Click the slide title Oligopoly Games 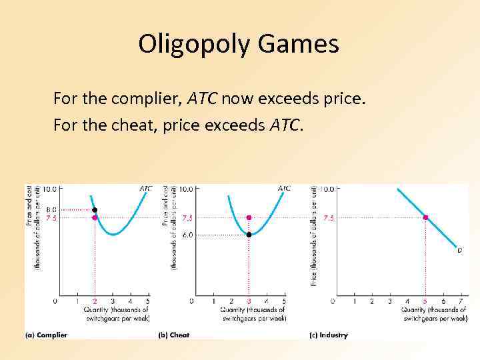coord(239,44)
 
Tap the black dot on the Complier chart coord(95,209)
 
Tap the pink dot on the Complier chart coord(95,217)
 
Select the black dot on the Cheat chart coord(249,235)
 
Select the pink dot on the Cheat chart coord(249,217)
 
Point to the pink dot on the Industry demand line coord(425,217)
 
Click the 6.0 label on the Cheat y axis coord(188,235)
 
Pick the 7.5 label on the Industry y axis coord(329,217)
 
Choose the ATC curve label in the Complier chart coord(145,189)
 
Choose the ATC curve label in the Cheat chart coord(284,189)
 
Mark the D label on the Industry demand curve coord(459,251)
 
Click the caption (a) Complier coord(46,335)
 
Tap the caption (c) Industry coord(328,335)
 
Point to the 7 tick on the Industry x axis coord(461,301)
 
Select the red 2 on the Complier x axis coord(95,301)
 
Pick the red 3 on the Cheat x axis coord(249,301)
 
